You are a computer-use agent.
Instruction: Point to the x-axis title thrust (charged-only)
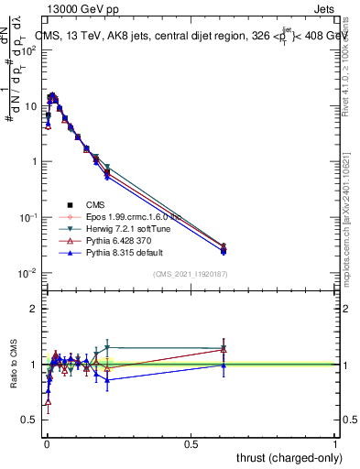tap(284, 457)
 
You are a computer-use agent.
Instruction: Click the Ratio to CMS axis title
tap(14, 365)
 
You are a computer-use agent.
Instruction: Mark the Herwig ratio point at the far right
tap(224, 348)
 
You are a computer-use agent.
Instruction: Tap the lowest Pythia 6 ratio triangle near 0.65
tap(48, 401)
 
